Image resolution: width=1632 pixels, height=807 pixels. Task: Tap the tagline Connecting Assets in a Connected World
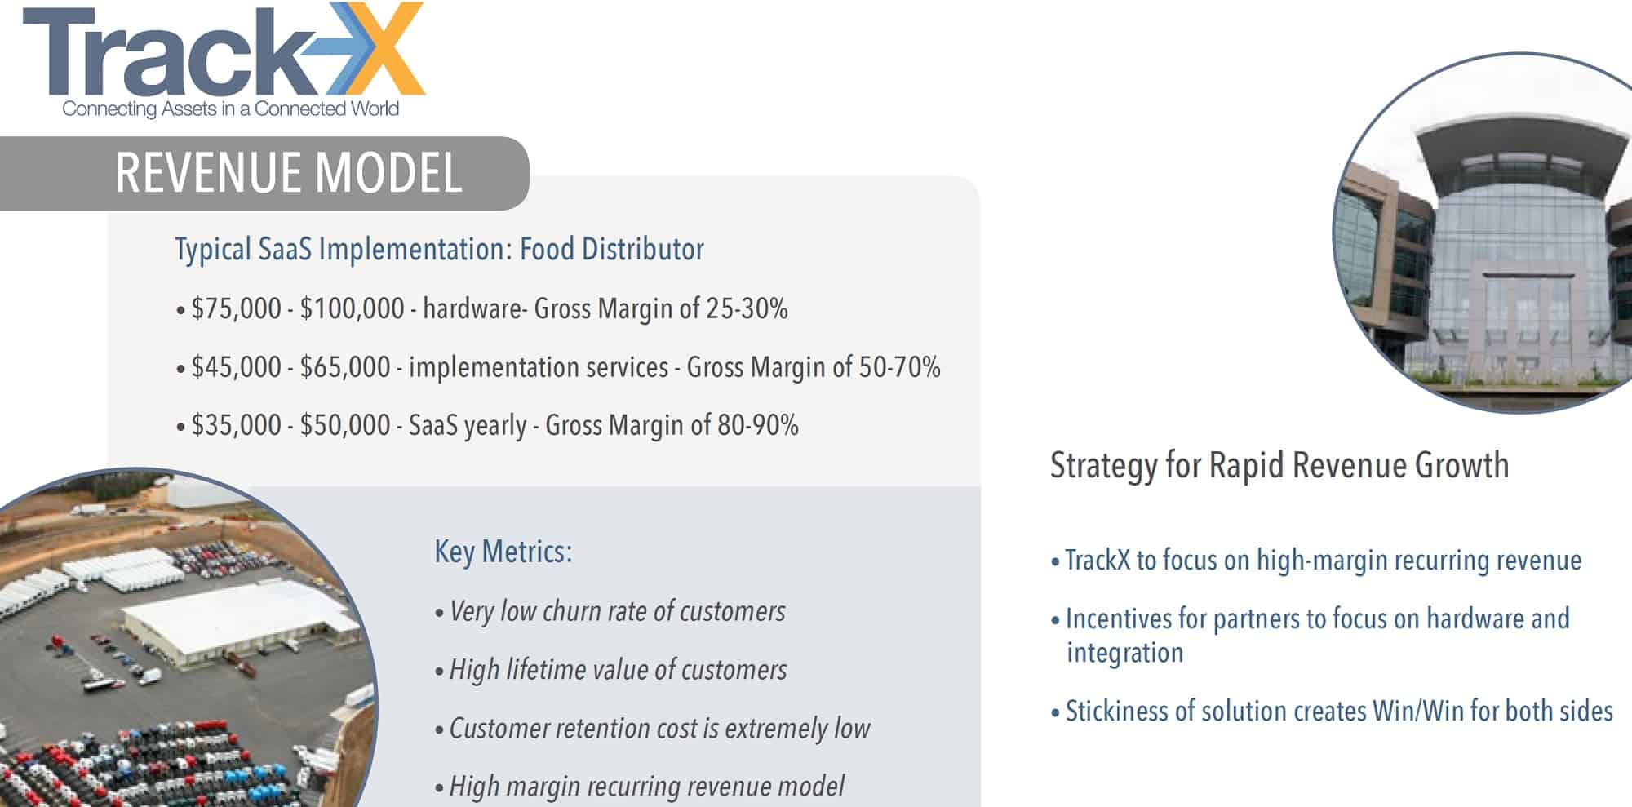tap(231, 109)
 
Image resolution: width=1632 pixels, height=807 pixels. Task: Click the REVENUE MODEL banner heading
tap(289, 172)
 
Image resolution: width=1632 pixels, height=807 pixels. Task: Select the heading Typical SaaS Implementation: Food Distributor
tap(439, 250)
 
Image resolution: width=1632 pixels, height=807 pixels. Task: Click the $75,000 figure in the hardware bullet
tap(236, 308)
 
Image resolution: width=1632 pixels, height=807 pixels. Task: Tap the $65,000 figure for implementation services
tap(345, 367)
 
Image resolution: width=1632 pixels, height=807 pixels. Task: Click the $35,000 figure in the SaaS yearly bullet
tap(236, 425)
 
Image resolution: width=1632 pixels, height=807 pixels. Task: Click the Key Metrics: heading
tap(503, 552)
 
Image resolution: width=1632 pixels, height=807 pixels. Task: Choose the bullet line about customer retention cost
tap(653, 728)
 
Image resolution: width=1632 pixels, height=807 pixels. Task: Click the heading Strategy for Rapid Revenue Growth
tap(1279, 465)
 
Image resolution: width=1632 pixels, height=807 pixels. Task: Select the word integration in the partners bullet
tap(1124, 653)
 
